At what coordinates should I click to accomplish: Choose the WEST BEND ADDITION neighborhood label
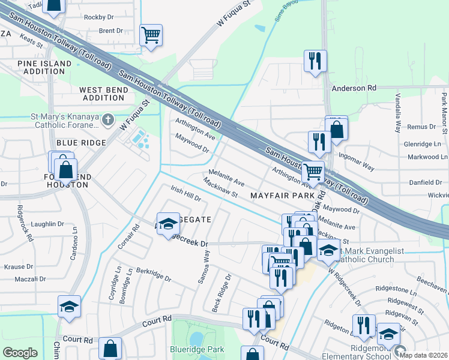(x=103, y=94)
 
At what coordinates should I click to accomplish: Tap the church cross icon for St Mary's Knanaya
(x=108, y=119)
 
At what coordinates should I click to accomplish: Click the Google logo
(x=20, y=353)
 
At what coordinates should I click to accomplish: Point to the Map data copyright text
(x=424, y=355)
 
